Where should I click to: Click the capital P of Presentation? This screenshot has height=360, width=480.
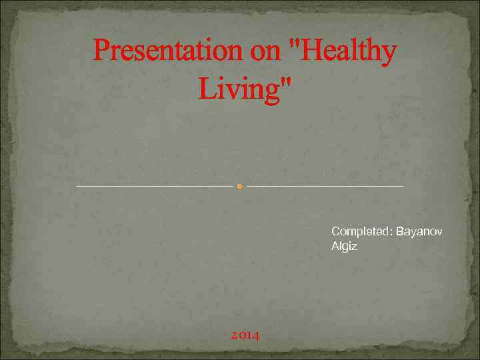pos(101,51)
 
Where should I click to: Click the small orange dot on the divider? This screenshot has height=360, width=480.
pos(239,186)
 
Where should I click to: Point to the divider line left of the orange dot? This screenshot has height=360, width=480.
pos(153,186)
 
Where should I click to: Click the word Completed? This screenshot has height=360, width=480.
pos(360,232)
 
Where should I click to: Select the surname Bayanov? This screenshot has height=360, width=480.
pos(419,232)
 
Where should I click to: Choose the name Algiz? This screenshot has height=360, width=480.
pos(344,247)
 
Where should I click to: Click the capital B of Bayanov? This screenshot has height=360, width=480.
pos(399,232)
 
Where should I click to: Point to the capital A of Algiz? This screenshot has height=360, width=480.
pos(335,246)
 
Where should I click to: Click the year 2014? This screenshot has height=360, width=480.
pos(245,335)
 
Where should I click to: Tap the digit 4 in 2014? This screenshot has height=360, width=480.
pos(256,335)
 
